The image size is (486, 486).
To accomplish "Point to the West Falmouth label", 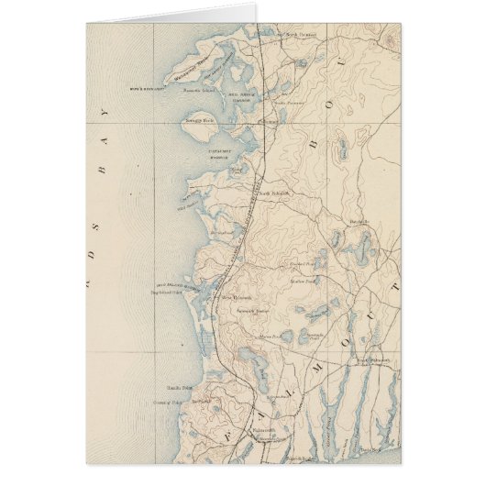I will tap(236, 298).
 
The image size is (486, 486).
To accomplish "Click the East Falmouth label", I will tap(373, 360).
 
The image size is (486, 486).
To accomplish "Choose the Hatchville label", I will tap(359, 221).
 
